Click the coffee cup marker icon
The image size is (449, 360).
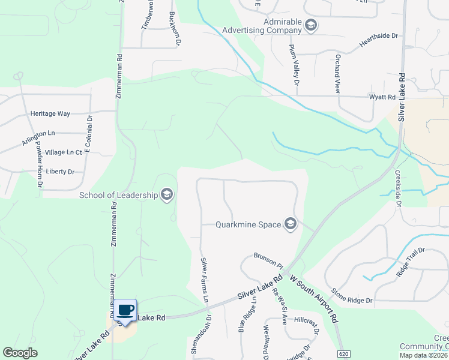tap(125, 310)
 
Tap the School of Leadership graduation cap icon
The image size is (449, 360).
tap(167, 194)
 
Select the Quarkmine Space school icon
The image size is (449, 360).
tap(291, 224)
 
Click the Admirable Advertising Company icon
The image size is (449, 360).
tap(311, 25)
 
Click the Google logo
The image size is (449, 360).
tap(20, 353)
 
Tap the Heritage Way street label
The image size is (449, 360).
tap(50, 113)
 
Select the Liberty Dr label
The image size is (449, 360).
tap(59, 172)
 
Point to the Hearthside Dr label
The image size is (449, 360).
tap(379, 40)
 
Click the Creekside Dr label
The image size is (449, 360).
tap(397, 188)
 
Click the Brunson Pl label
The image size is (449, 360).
tap(268, 260)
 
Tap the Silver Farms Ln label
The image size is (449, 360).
tap(205, 280)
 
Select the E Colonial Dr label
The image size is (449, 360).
tap(88, 133)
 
